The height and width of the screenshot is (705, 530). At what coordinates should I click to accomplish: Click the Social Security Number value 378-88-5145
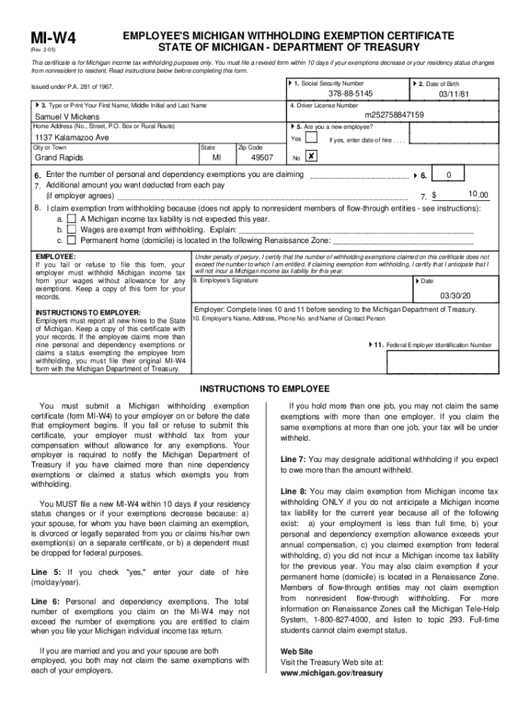click(350, 94)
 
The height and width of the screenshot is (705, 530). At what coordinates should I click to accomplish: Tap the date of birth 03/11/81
click(455, 94)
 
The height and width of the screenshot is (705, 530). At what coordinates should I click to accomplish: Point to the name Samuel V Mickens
click(67, 117)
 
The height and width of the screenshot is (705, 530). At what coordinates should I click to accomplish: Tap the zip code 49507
click(262, 158)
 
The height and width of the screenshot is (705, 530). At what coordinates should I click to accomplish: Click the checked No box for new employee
click(311, 157)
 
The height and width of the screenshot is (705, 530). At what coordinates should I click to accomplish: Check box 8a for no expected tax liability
click(72, 218)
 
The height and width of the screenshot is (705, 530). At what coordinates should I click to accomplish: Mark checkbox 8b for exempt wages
click(72, 229)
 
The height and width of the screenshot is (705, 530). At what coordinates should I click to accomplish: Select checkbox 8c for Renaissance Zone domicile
click(72, 240)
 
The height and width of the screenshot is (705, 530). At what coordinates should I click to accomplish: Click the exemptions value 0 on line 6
click(449, 176)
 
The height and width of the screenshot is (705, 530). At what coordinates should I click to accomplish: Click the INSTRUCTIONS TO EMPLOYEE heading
click(264, 389)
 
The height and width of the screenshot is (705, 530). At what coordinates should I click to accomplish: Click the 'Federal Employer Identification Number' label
click(438, 345)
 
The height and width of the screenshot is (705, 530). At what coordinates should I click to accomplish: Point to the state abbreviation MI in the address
click(217, 158)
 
